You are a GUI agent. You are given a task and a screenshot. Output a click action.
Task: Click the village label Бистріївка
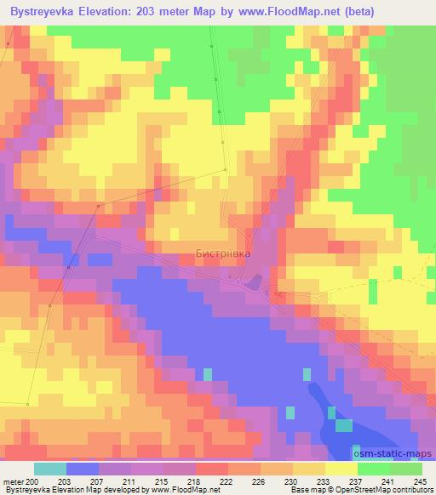pyautogui.click(x=223, y=253)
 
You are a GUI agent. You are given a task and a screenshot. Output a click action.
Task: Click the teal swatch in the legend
pyautogui.click(x=49, y=469)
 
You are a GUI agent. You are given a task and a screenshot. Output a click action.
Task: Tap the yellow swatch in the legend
pyautogui.click(x=341, y=469)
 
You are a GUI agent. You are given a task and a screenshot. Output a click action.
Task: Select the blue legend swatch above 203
pyautogui.click(x=82, y=469)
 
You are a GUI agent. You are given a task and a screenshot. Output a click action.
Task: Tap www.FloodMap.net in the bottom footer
pyautogui.click(x=186, y=490)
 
